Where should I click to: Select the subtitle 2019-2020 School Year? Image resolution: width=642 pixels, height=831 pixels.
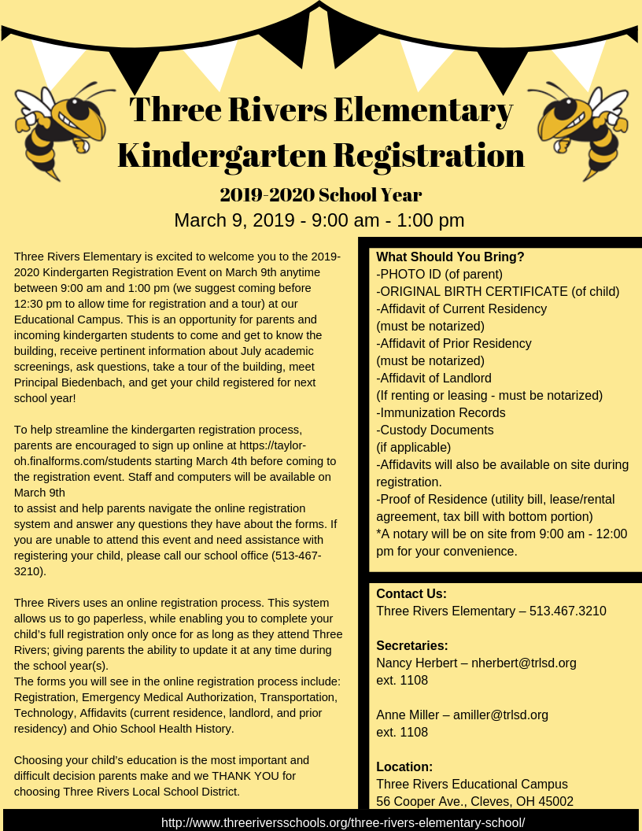321,194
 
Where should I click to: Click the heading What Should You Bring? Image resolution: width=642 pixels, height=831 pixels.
450,257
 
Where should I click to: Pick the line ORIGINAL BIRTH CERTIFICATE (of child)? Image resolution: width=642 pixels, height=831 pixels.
498,292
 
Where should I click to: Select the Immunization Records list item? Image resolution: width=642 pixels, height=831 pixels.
441,413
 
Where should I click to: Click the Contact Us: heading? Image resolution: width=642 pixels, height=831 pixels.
411,594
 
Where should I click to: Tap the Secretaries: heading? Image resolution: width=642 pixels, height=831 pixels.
412,646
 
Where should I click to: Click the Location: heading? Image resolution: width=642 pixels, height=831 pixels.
404,767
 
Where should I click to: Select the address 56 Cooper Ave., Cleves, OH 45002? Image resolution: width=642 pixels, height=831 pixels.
474,802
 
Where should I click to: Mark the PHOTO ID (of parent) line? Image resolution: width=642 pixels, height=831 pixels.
439,275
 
